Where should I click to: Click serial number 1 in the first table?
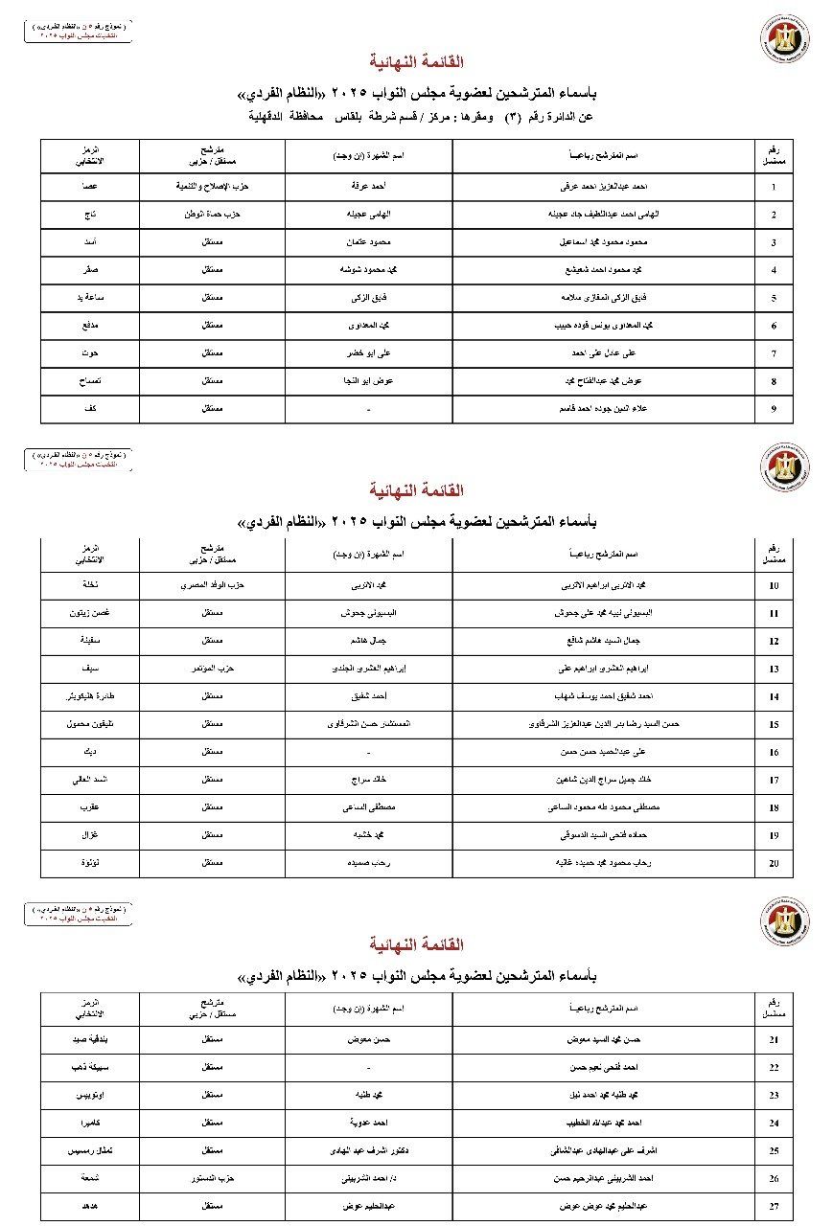point(773,187)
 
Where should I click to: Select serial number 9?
point(773,409)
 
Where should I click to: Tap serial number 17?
point(773,780)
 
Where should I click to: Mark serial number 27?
point(773,1206)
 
